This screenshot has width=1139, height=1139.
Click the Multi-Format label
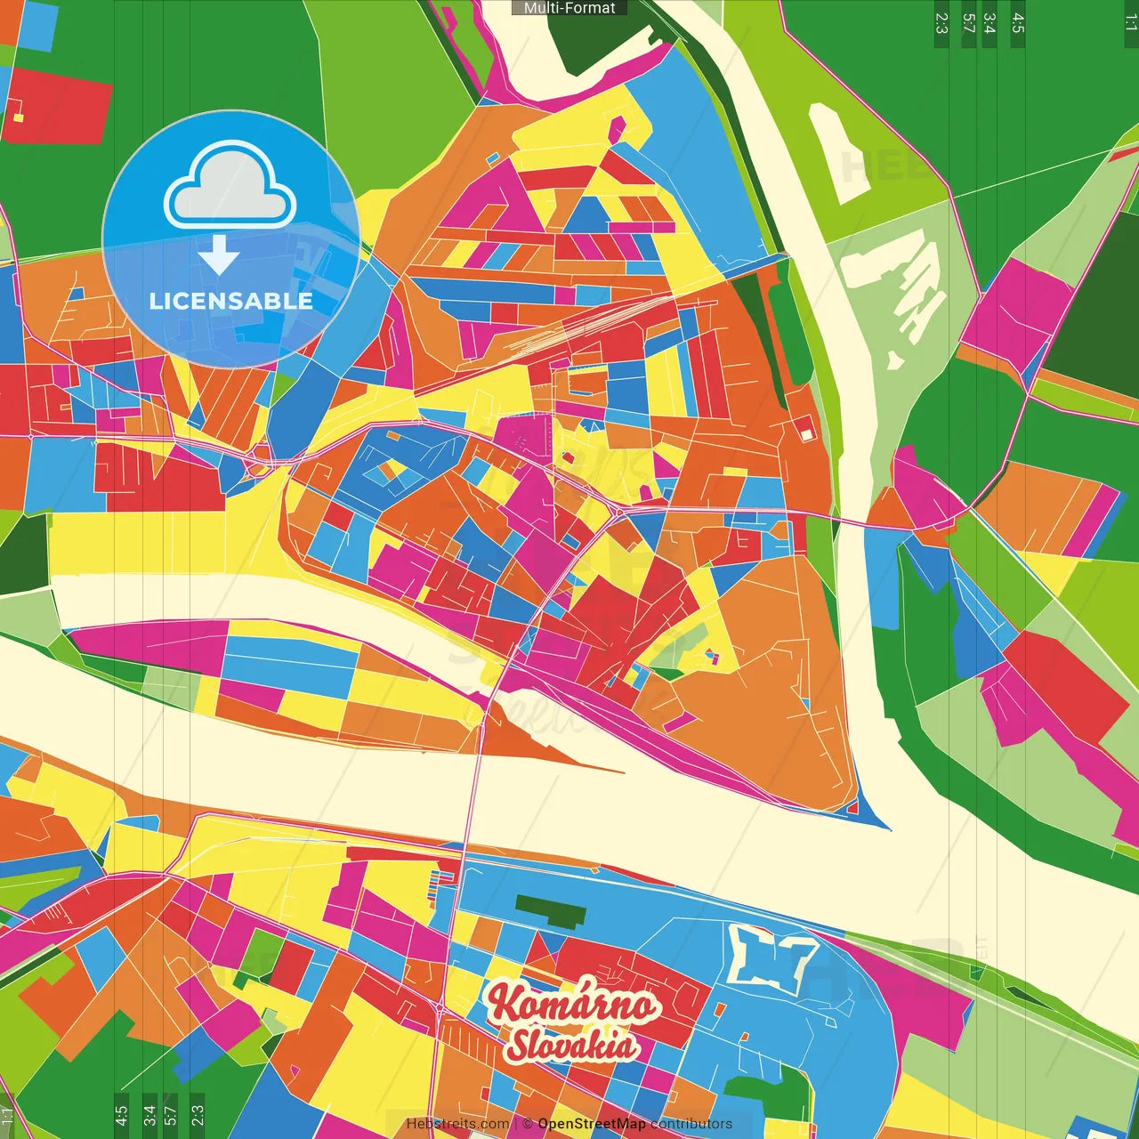click(569, 8)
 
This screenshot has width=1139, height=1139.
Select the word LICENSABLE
click(230, 301)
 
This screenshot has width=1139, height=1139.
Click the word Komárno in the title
click(572, 1004)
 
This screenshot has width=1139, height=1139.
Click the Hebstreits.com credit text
click(457, 1124)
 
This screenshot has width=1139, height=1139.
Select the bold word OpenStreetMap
click(591, 1124)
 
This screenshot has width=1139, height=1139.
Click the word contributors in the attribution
click(691, 1124)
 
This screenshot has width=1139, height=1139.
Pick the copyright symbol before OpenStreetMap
click(529, 1124)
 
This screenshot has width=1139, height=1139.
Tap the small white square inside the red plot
click(806, 433)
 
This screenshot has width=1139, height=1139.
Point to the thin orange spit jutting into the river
click(578, 761)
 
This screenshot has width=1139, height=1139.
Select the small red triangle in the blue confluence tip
click(853, 808)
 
